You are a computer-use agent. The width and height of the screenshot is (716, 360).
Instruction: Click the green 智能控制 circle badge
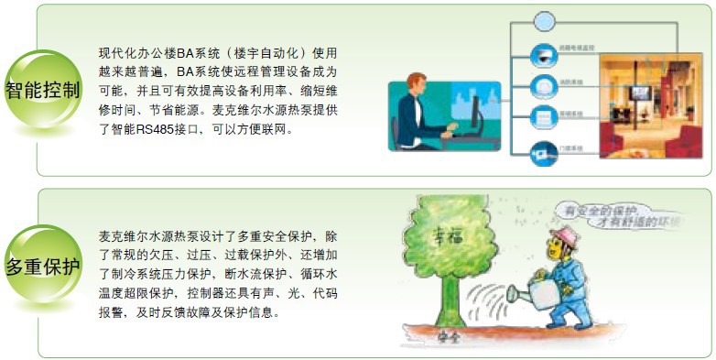pos(42,89)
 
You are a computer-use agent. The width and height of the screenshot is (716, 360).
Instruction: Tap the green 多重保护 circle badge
pos(42,267)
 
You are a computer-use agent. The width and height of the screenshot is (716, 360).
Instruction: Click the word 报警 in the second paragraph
pos(114,311)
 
